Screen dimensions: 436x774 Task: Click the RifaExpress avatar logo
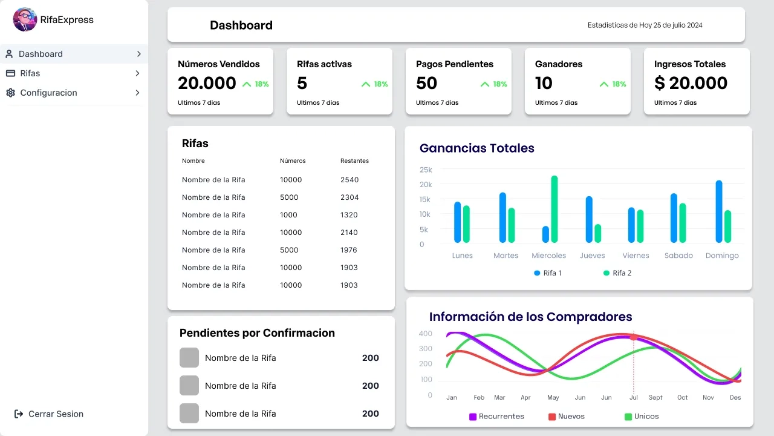point(25,19)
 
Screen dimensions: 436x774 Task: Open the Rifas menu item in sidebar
point(30,73)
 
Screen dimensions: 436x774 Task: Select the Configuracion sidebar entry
point(48,93)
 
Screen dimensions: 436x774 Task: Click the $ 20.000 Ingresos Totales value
point(691,83)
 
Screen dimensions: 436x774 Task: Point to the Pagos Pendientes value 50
point(426,83)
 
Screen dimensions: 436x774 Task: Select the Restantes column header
point(354,161)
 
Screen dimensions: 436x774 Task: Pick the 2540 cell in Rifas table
point(350,180)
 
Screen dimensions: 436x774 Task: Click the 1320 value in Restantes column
point(349,215)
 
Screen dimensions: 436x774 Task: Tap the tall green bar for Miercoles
point(554,209)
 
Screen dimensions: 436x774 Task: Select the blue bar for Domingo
point(719,211)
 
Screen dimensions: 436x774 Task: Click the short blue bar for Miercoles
point(545,234)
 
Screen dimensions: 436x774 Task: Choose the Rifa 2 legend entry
point(617,273)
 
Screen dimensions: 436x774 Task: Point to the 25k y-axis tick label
point(426,170)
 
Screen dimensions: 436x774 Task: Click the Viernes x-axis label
point(636,256)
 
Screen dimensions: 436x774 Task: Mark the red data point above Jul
point(633,337)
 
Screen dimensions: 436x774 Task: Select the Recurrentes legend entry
point(496,417)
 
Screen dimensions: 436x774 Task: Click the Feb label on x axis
point(479,398)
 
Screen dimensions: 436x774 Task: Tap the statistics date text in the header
point(645,25)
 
